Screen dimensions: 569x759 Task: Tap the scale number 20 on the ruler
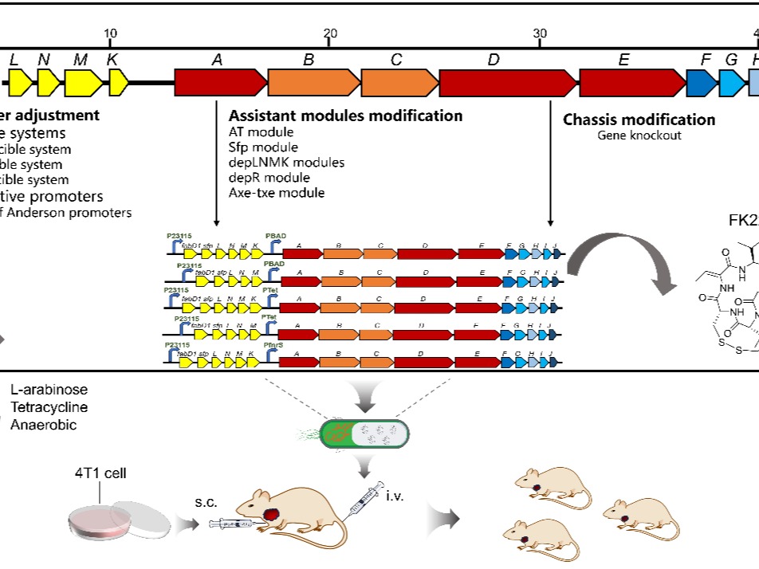(x=330, y=33)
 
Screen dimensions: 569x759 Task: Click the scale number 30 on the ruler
(x=540, y=33)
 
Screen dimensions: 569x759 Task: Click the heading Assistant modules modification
(x=345, y=116)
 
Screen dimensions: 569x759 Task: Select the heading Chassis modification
(x=639, y=120)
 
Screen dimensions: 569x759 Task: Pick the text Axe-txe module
(x=276, y=193)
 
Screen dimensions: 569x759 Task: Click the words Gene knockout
(x=639, y=135)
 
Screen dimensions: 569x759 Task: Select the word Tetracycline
(x=49, y=407)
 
